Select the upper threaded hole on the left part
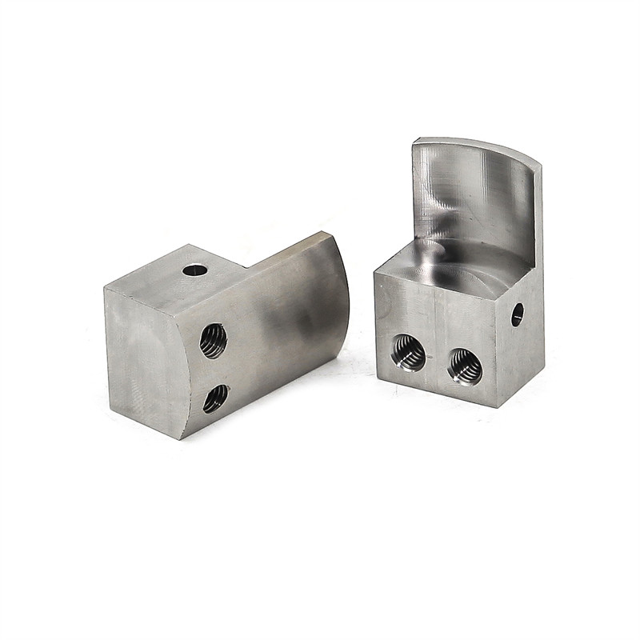pyautogui.click(x=214, y=340)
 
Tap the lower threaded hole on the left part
pyautogui.click(x=215, y=398)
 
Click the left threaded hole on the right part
pyautogui.click(x=407, y=354)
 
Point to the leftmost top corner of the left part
pyautogui.click(x=104, y=286)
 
